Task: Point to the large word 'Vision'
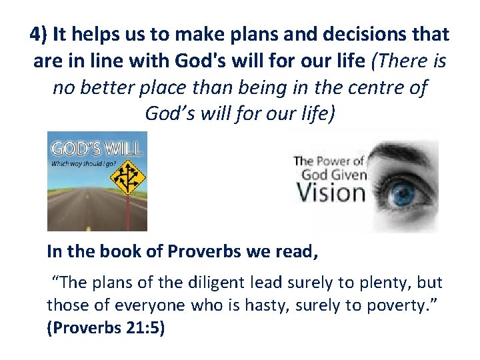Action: (x=331, y=193)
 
